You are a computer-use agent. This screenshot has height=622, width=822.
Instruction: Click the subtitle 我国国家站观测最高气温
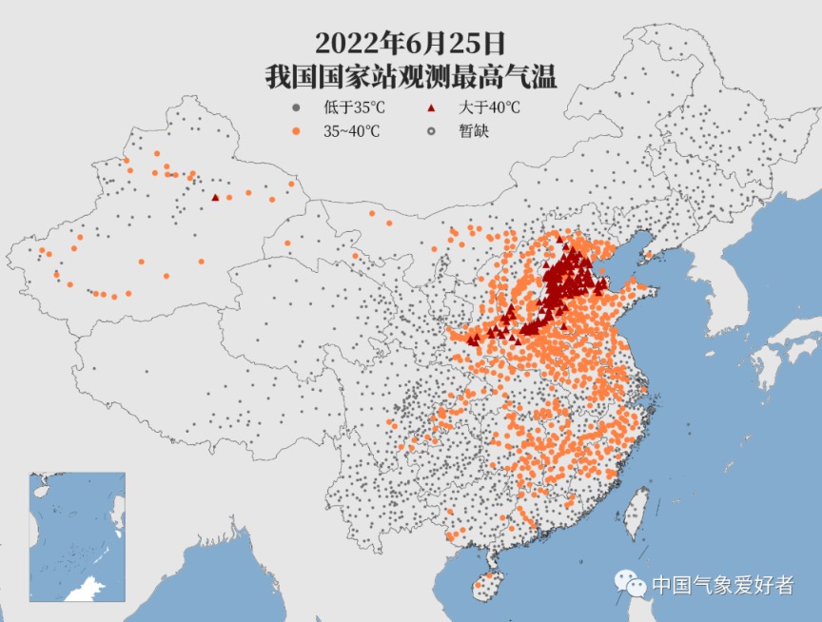(x=410, y=77)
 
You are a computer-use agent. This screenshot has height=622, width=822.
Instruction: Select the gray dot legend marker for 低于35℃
(x=298, y=107)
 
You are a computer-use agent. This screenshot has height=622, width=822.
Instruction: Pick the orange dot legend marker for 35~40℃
(x=298, y=131)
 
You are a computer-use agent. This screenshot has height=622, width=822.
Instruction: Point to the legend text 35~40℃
(x=351, y=131)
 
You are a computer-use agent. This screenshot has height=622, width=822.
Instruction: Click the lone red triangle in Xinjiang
(x=216, y=198)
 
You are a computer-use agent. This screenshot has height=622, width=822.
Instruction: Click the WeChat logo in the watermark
(x=629, y=583)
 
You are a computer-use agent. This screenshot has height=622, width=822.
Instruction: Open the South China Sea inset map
(x=77, y=536)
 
